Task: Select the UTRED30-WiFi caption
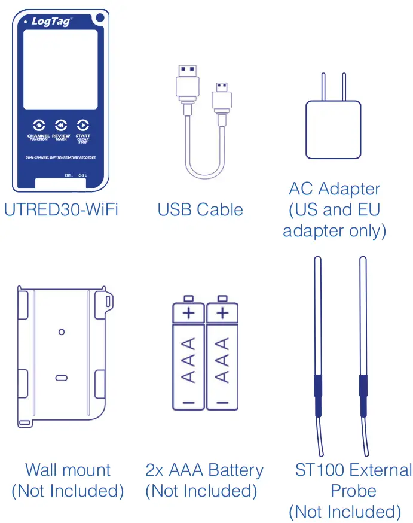(x=60, y=210)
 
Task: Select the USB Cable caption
(x=200, y=210)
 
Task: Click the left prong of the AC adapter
(x=322, y=87)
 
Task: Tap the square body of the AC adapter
(x=333, y=129)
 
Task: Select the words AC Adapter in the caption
(x=334, y=189)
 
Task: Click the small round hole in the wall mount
(x=61, y=331)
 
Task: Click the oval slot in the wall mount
(x=61, y=378)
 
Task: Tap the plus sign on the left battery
(x=189, y=312)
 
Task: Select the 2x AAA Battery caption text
(x=204, y=470)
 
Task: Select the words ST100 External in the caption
(x=353, y=470)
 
